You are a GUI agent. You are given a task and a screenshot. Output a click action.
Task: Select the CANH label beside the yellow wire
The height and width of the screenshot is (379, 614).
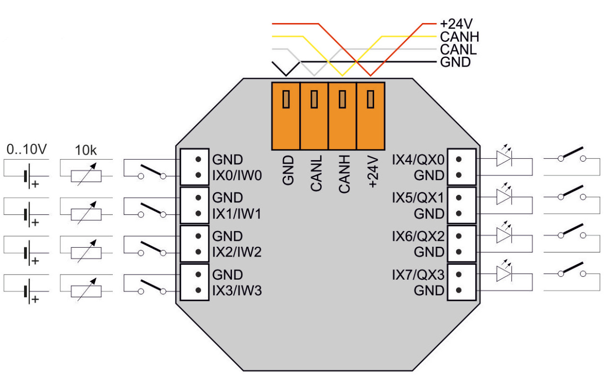459,37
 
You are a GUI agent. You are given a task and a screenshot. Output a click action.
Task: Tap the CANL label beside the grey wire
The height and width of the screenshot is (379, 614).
459,49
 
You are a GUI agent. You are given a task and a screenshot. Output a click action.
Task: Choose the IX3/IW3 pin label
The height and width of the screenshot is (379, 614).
237,291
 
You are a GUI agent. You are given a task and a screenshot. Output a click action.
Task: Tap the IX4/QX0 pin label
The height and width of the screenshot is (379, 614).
418,160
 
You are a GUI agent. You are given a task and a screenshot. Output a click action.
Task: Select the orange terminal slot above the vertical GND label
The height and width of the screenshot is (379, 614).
285,115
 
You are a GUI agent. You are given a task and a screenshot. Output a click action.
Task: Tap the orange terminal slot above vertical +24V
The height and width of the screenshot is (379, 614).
371,115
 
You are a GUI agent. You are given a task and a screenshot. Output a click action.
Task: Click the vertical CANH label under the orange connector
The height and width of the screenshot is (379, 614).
344,173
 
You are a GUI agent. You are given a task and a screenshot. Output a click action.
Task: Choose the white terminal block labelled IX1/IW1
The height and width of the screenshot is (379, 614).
195,206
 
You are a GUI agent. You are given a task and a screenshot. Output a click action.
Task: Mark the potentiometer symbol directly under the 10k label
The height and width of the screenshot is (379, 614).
86,176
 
